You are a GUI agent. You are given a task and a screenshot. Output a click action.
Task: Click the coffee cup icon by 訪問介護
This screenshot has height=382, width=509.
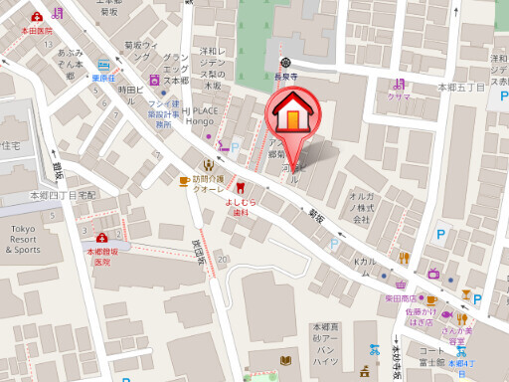(x=183, y=179)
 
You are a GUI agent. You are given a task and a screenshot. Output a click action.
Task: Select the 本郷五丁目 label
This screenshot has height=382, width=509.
(x=461, y=88)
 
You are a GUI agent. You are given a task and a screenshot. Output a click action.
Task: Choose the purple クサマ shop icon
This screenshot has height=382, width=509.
(x=399, y=84)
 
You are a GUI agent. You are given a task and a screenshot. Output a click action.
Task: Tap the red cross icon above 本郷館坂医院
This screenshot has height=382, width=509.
(x=101, y=239)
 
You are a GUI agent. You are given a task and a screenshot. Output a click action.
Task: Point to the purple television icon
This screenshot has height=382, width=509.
(x=432, y=273)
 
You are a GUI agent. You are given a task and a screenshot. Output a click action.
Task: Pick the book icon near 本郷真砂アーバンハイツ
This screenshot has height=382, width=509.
(x=286, y=359)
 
